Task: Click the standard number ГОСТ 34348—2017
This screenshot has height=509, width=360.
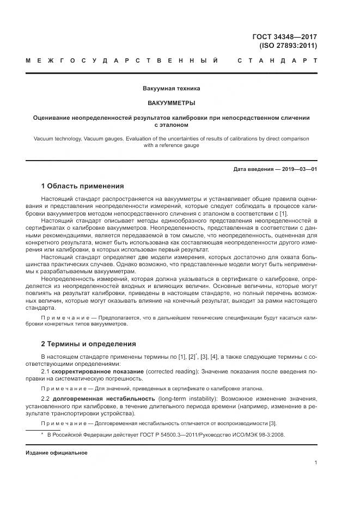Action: (x=284, y=37)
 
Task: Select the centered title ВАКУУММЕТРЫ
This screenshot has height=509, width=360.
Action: (x=171, y=102)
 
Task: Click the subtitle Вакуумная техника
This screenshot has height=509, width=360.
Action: (x=171, y=88)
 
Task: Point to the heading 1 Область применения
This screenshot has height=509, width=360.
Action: (x=82, y=186)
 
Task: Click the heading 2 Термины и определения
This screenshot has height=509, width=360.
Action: (x=88, y=344)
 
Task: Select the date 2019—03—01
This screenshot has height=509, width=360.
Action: (x=298, y=169)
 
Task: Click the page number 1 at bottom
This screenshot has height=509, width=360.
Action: (x=315, y=462)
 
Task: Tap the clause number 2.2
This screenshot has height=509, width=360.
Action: (x=46, y=398)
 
